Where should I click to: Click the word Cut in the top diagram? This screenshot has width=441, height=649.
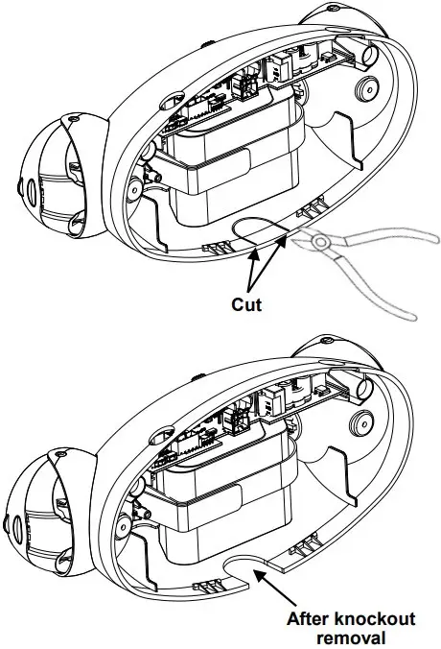(246, 304)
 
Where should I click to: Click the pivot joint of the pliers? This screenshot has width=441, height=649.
(318, 241)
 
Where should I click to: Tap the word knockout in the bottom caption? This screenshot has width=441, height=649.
(375, 619)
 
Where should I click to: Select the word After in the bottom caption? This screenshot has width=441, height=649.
(308, 619)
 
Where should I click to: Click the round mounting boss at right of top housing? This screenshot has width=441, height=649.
(366, 87)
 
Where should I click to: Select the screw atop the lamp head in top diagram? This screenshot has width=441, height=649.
(74, 119)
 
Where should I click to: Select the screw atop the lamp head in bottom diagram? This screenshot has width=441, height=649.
(60, 453)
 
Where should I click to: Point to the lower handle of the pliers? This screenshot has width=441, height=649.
(372, 285)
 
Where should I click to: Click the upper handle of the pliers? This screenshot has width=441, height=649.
(387, 236)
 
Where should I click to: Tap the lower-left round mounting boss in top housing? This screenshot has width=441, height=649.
(134, 190)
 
